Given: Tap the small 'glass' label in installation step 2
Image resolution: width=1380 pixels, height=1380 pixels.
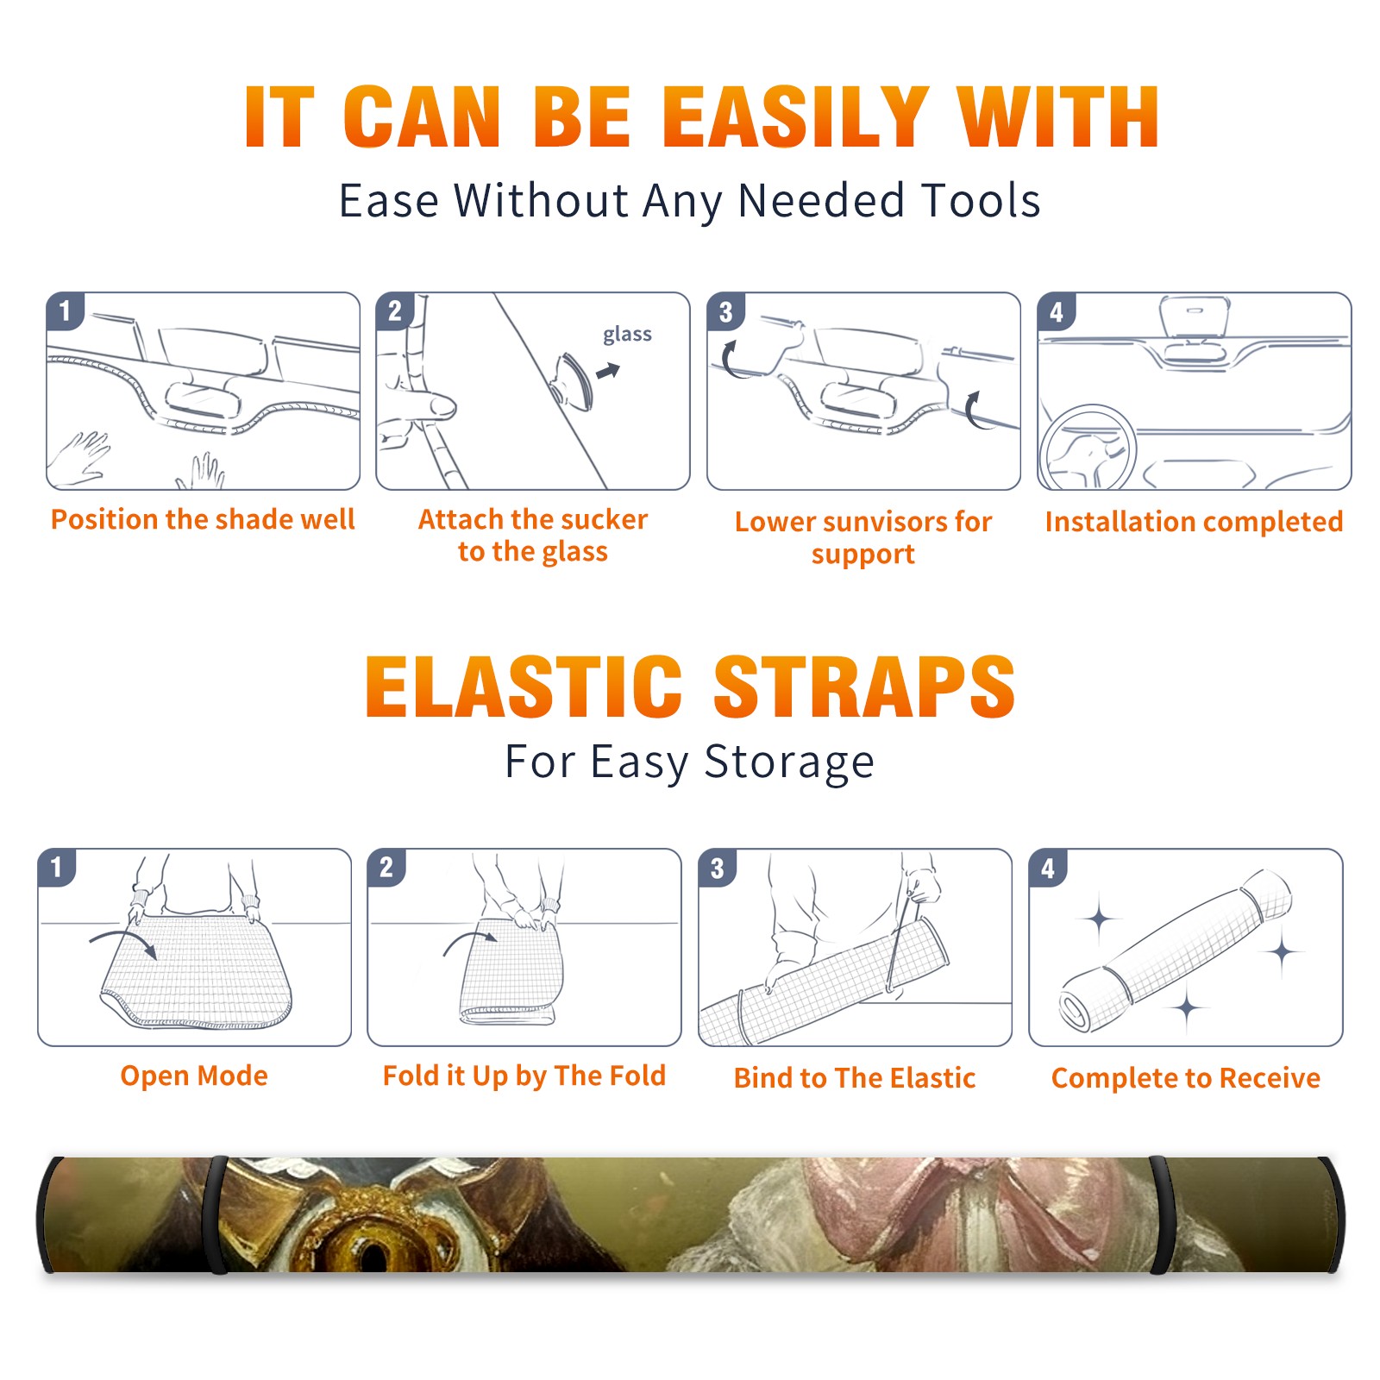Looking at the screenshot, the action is point(627,335).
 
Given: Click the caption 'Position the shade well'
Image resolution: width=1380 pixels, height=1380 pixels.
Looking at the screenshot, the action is point(203,519).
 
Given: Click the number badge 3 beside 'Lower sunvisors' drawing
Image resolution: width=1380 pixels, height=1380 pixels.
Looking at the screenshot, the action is point(725,312).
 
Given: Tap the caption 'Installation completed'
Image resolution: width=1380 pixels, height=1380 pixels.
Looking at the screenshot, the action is point(1194,522).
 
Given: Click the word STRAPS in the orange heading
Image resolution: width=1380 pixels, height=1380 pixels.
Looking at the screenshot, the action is point(864,687).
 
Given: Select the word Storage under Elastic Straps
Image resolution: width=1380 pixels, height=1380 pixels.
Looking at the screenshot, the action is point(789,762).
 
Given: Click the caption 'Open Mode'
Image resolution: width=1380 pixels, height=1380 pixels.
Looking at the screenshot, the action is point(194,1076).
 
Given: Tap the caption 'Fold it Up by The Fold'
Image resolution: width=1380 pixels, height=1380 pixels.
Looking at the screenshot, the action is point(524,1076).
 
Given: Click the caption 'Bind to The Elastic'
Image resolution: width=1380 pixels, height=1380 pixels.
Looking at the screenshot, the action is point(855,1078).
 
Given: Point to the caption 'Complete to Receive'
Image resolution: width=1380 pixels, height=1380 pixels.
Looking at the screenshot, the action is point(1186,1078).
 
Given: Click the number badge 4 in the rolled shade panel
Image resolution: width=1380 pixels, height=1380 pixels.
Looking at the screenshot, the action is point(1048,868).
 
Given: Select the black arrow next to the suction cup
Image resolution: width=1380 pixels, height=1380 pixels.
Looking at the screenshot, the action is point(609,371).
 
